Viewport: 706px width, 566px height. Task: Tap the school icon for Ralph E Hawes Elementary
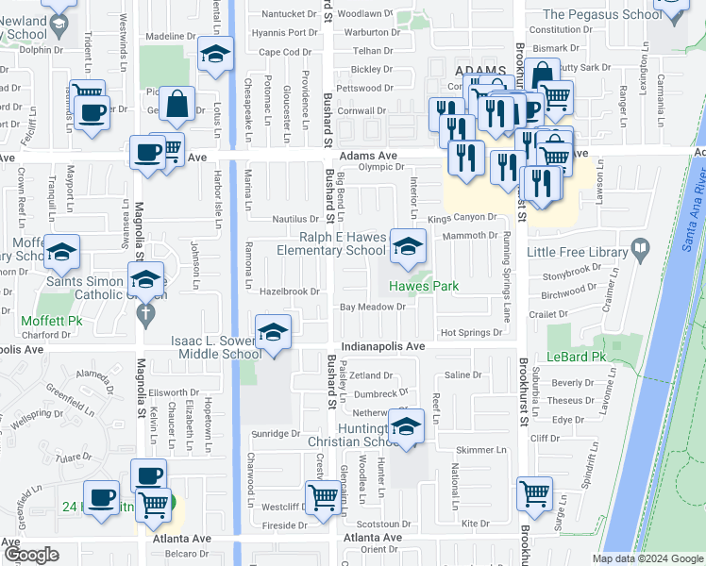(x=408, y=247)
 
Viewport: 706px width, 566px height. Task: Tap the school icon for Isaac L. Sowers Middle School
(x=273, y=333)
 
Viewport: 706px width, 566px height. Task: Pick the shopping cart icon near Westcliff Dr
(x=324, y=497)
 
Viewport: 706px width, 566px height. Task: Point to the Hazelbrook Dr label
(x=290, y=291)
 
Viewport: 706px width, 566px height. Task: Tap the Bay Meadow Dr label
(x=373, y=308)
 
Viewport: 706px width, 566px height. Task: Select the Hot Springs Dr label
(x=471, y=333)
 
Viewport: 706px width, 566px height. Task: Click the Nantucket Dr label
(x=289, y=14)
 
